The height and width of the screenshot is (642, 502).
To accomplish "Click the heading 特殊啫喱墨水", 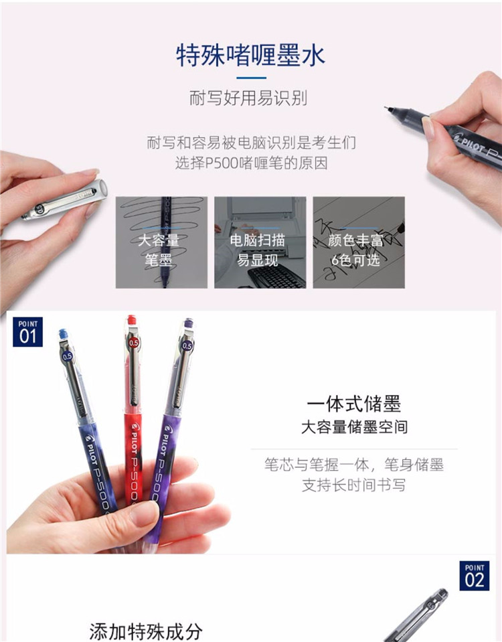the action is pos(250,56).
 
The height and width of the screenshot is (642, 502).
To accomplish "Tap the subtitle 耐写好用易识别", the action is pos(248,98).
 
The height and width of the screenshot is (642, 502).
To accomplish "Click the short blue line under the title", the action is pos(252,78).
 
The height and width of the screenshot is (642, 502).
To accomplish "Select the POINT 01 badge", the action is pos(28,332).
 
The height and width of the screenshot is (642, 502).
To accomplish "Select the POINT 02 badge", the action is pos(474,576).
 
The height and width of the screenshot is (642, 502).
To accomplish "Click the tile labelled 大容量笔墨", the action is pos(161,242).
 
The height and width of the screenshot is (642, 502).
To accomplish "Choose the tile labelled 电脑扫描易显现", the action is pos(260,242).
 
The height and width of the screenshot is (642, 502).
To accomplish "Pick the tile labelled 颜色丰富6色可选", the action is pos(359,242).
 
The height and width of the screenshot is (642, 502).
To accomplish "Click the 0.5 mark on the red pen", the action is pos(134,342).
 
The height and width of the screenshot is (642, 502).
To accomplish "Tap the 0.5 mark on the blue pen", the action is pos(67,356).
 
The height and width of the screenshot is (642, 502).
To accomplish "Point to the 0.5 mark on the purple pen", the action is pos(187,346).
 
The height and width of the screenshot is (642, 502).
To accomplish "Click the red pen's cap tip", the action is pos(131,319).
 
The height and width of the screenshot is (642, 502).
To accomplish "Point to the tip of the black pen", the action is pos(386,108).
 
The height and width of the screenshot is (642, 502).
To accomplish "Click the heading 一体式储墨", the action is pos(354,404).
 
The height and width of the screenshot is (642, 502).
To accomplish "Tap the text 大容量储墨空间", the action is pos(354,427).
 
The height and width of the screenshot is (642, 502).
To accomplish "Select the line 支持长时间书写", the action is pos(354,485).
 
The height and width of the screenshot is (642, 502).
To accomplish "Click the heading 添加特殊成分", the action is pos(146,631).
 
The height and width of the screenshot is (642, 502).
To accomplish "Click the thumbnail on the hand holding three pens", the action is pos(143,514).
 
